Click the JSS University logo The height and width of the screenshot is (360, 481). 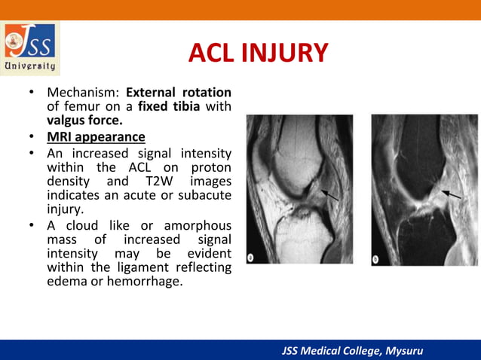coord(31,47)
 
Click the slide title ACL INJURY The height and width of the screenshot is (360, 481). coord(258,53)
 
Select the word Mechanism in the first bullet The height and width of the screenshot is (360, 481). coord(81,93)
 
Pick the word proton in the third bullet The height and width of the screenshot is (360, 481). coord(211,166)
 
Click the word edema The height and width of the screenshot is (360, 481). coord(69,283)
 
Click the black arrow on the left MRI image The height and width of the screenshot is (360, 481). coord(326,196)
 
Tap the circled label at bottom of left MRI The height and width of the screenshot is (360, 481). coord(251,258)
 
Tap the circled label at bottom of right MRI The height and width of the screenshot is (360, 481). coord(377,258)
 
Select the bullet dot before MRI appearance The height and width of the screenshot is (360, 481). coord(32,138)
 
